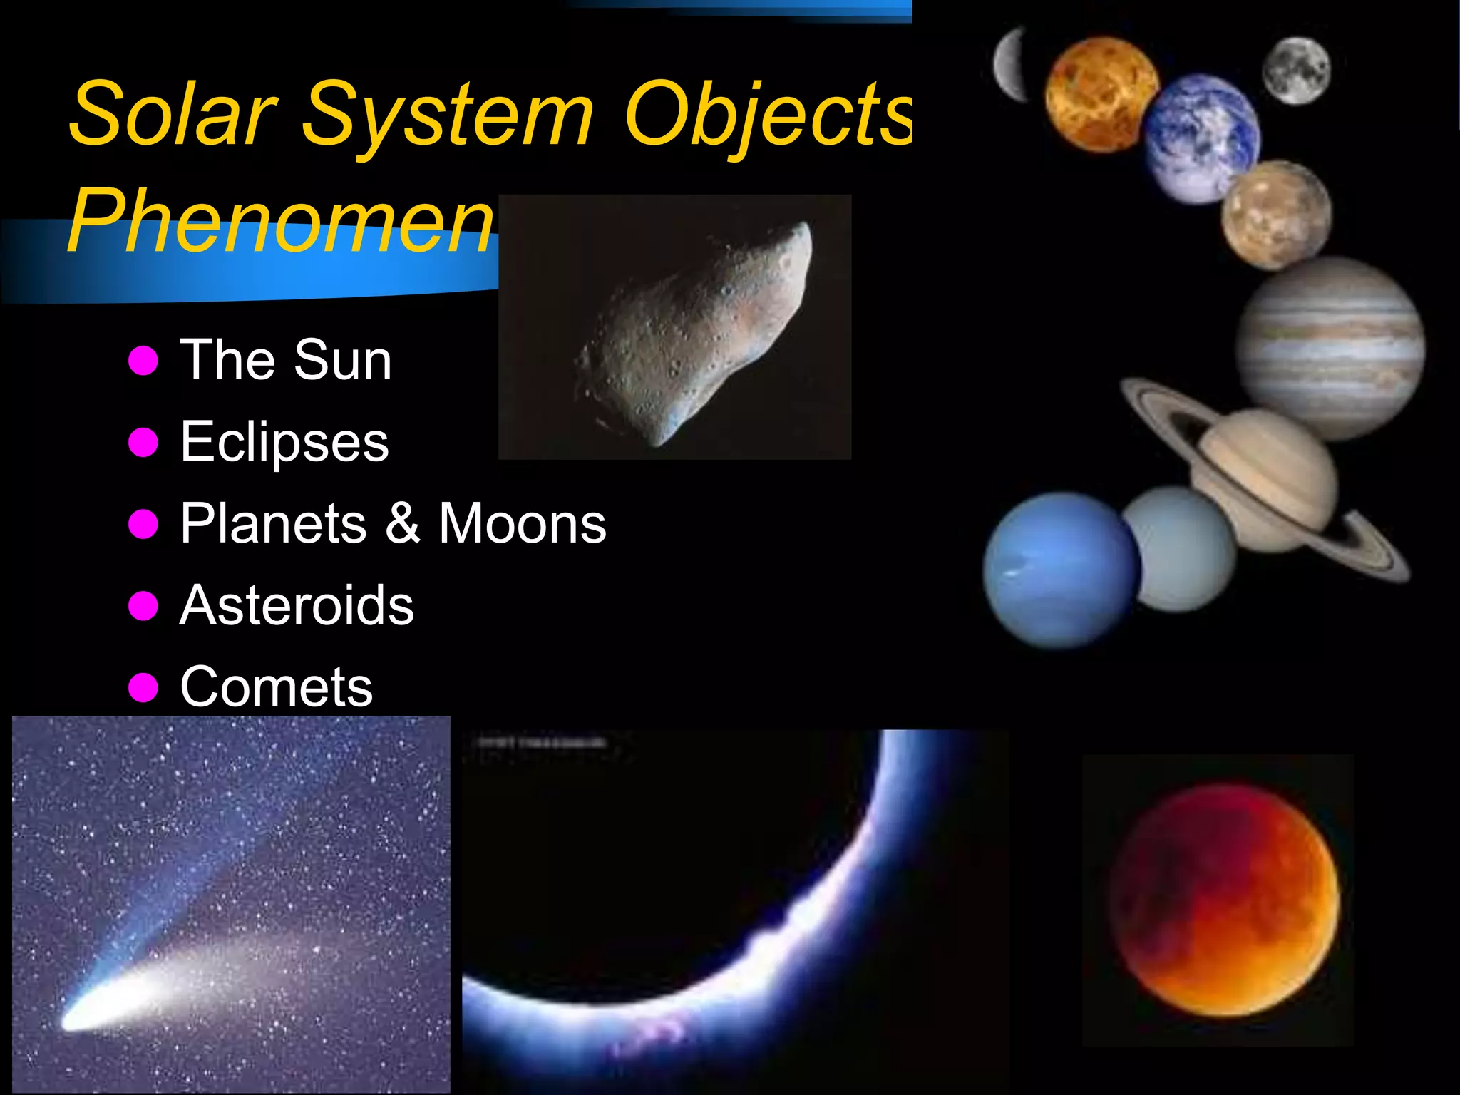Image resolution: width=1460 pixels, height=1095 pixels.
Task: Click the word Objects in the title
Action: pos(766,114)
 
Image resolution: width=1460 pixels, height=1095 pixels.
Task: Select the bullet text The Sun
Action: pos(285,360)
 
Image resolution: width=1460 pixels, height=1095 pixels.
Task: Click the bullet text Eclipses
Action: pos(284,442)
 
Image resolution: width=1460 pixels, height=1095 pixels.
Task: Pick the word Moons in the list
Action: pos(522,523)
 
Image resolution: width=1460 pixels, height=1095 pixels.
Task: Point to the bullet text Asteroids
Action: pos(297,605)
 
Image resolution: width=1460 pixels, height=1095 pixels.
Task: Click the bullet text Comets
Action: pos(277,687)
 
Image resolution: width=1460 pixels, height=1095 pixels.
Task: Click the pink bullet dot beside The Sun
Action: pos(143,361)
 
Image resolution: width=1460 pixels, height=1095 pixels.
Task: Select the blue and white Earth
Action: pos(1202,139)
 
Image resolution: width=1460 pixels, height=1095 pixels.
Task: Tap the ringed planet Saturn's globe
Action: pos(1265,478)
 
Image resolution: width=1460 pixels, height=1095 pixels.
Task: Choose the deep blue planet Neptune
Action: pos(1061,570)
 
